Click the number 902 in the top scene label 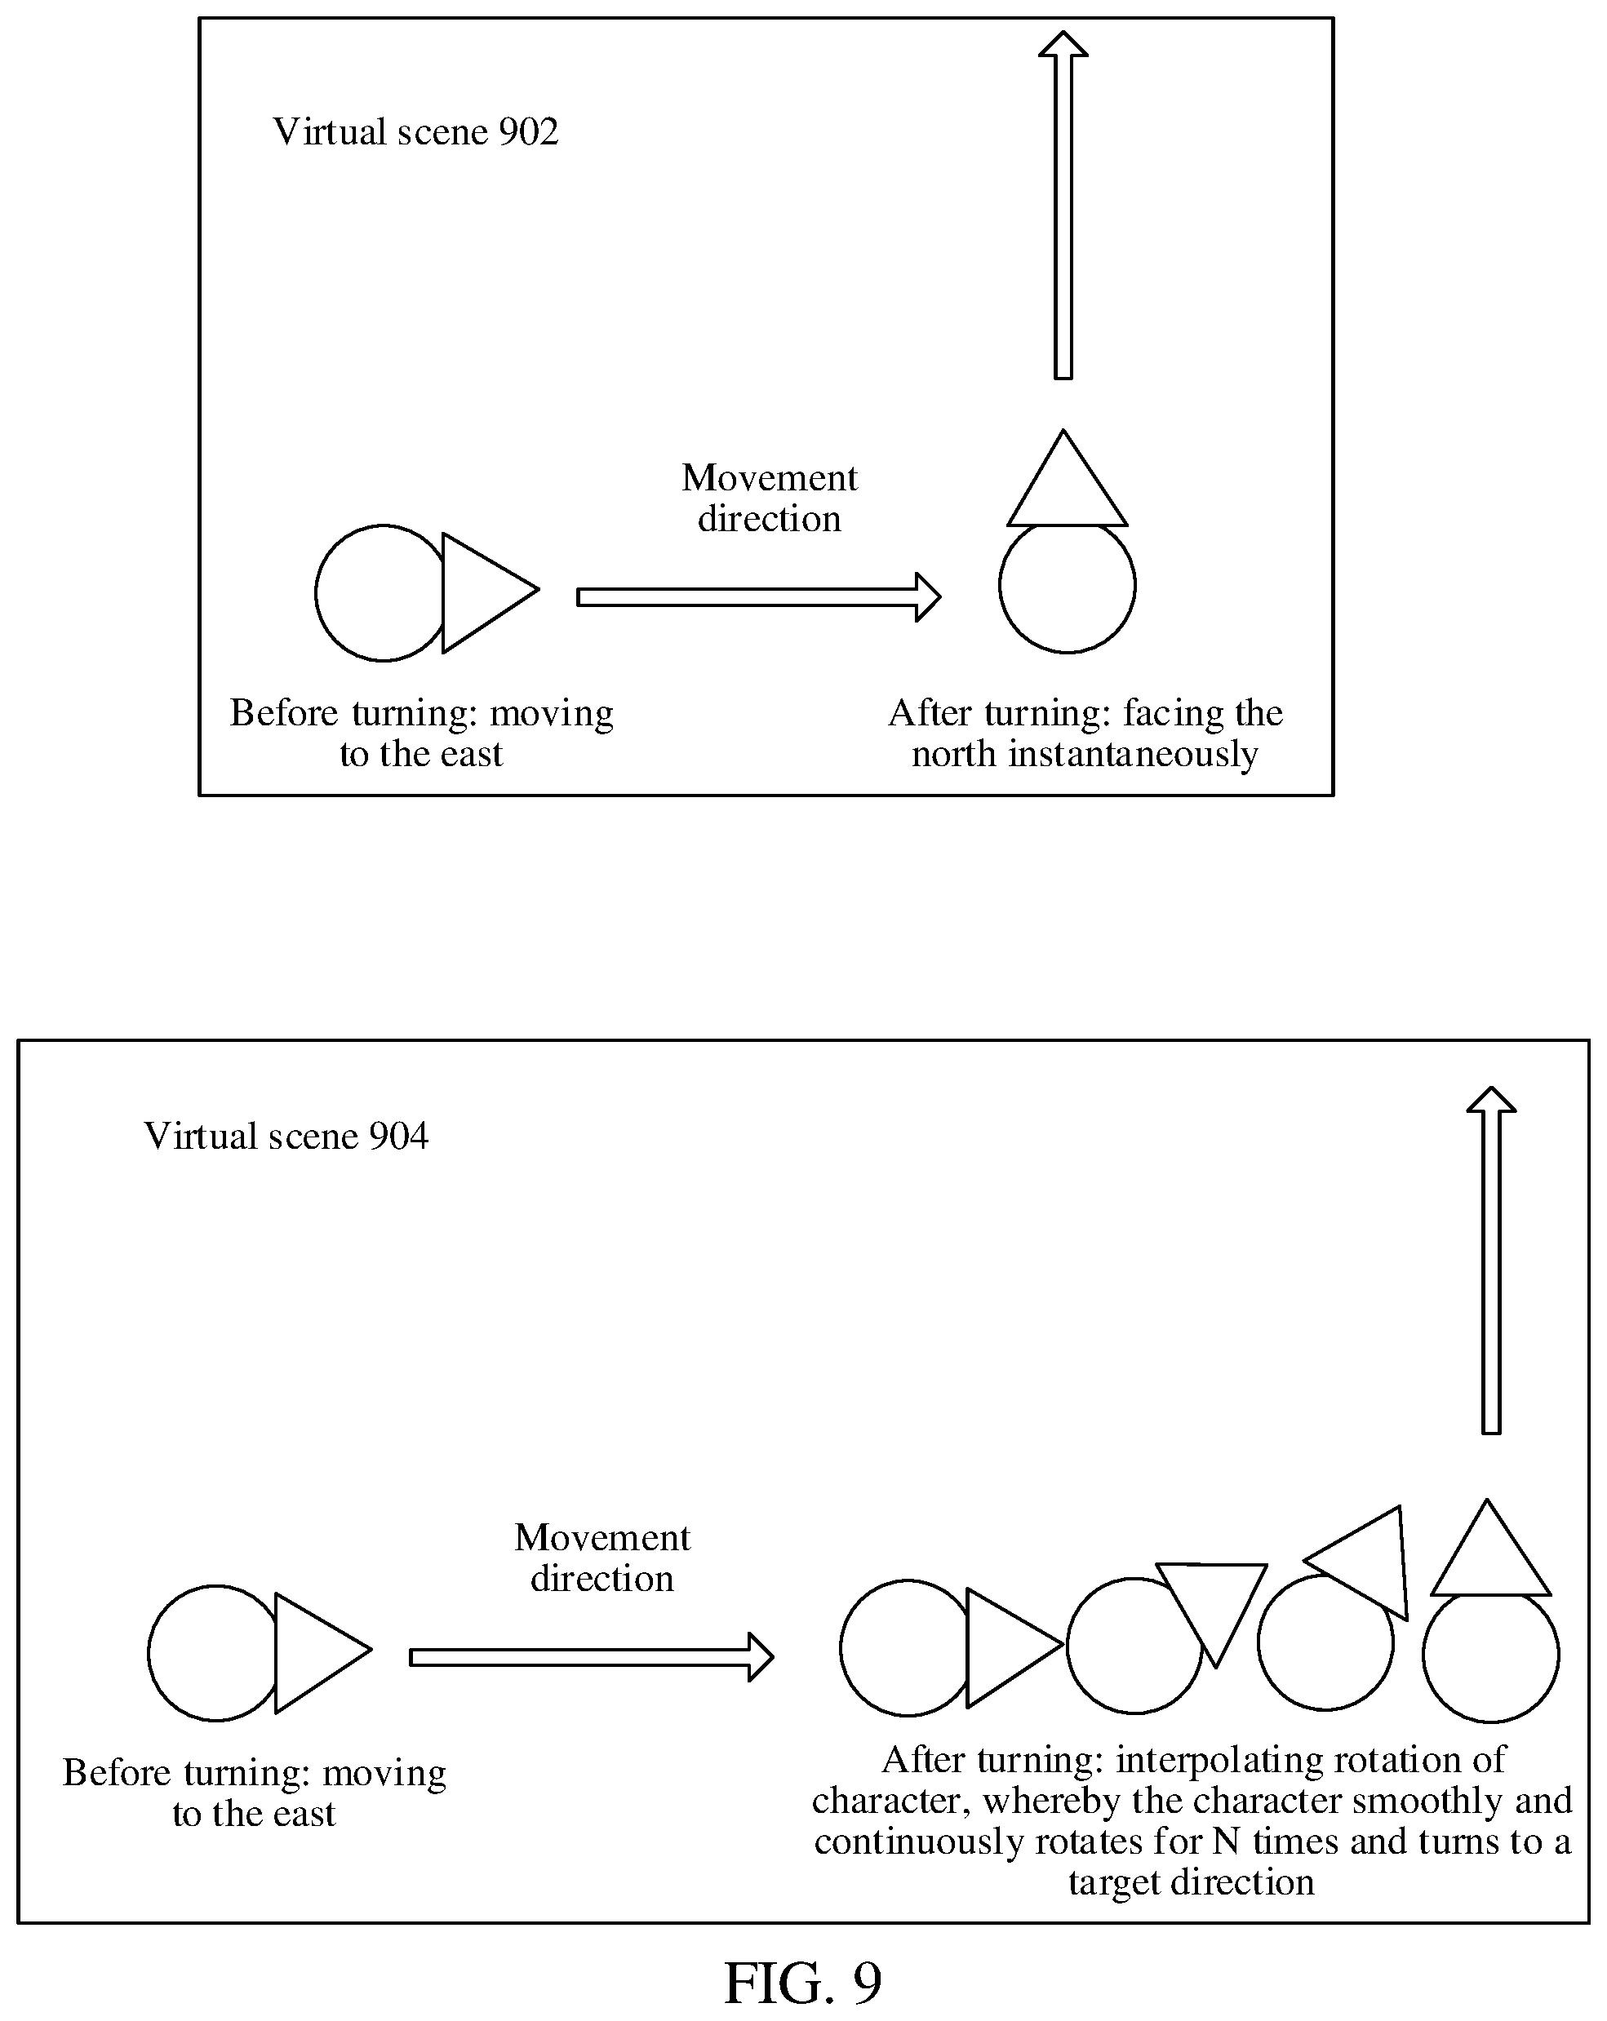pos(528,132)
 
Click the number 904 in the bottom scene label pos(398,1136)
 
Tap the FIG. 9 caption pos(802,1983)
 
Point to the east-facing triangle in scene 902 pos(490,592)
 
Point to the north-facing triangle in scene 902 pos(1067,479)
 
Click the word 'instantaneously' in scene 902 pos(1133,755)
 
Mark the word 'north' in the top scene pos(953,755)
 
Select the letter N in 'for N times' pos(1227,1843)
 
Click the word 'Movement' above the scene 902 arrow pos(770,479)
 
